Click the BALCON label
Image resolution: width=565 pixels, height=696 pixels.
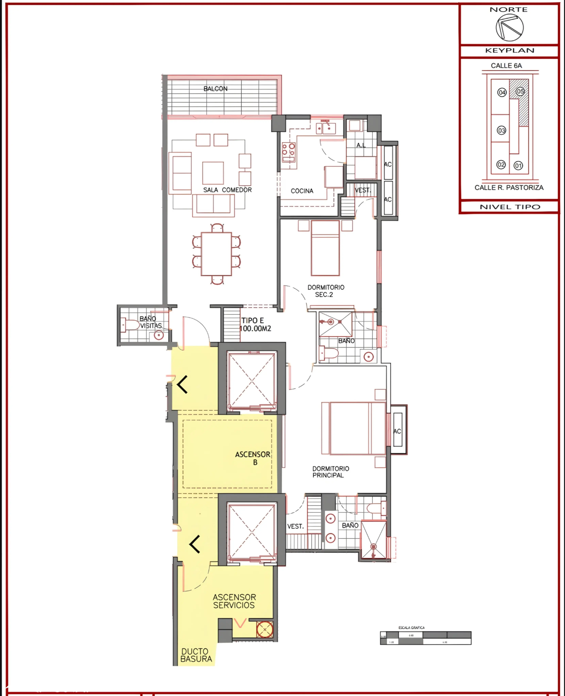215,89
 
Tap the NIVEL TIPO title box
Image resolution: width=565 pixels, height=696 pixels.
510,207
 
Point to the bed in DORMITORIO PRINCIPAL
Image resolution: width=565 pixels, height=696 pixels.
357,428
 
